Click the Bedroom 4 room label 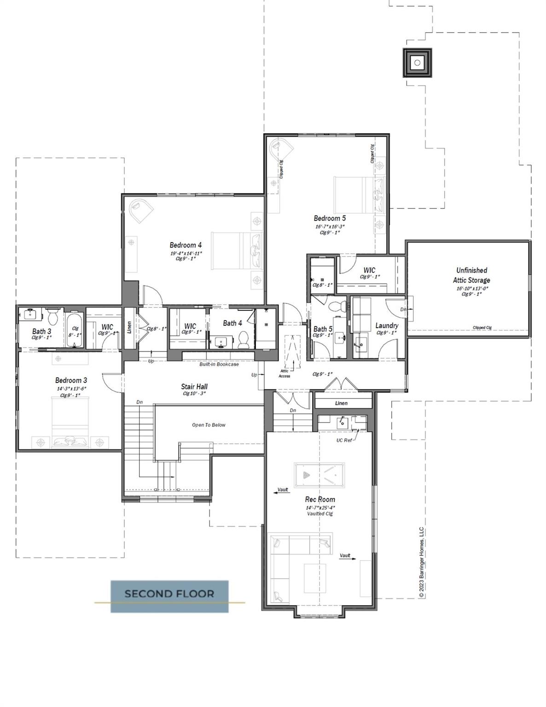[186, 245]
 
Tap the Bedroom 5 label [330, 219]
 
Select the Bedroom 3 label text [71, 380]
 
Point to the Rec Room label [320, 499]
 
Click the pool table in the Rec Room [319, 475]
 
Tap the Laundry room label [387, 325]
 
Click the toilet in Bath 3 [52, 318]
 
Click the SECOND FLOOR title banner [169, 594]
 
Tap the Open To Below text [209, 425]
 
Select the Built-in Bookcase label [219, 364]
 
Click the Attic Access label [285, 373]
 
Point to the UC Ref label [344, 440]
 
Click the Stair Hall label [194, 387]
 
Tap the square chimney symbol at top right [417, 63]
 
